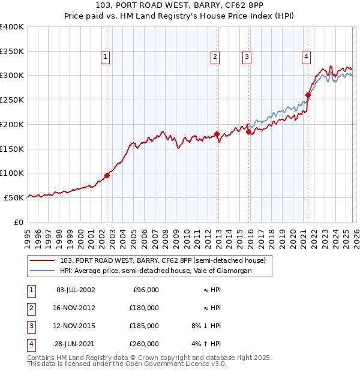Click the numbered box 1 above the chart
(105, 57)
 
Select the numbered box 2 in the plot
(215, 57)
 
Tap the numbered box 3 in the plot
(247, 57)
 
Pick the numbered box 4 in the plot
(306, 57)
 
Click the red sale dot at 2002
(107, 175)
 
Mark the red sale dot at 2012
(217, 134)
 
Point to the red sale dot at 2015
(248, 132)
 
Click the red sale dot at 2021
(308, 95)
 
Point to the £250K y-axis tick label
(12, 100)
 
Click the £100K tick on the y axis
(12, 173)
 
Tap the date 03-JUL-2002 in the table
(75, 290)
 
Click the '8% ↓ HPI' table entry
(205, 326)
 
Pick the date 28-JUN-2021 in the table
(75, 344)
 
